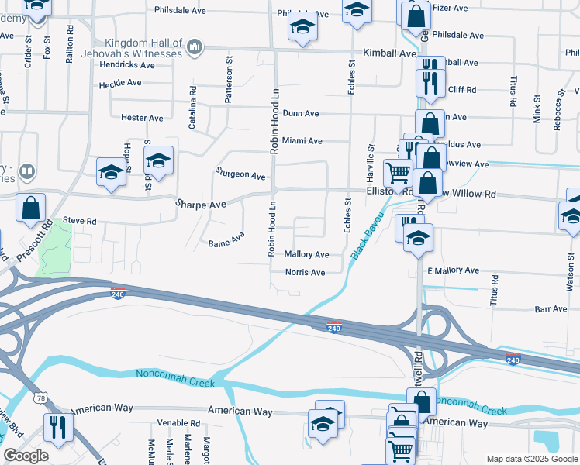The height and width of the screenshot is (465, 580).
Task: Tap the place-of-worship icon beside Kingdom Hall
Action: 194,48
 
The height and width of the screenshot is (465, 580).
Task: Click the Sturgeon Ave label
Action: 240,174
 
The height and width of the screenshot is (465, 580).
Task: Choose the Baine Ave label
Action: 226,240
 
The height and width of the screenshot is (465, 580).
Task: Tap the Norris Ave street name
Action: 305,273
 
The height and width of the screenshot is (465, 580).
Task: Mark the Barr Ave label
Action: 551,308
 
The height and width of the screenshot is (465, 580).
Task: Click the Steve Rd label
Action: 80,221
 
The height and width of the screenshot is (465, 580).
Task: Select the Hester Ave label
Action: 142,118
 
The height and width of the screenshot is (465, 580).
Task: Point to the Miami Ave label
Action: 302,141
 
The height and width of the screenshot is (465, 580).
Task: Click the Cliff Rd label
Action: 461,90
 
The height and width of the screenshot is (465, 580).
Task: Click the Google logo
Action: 26,456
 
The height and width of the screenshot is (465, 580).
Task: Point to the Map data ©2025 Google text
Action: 532,459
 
